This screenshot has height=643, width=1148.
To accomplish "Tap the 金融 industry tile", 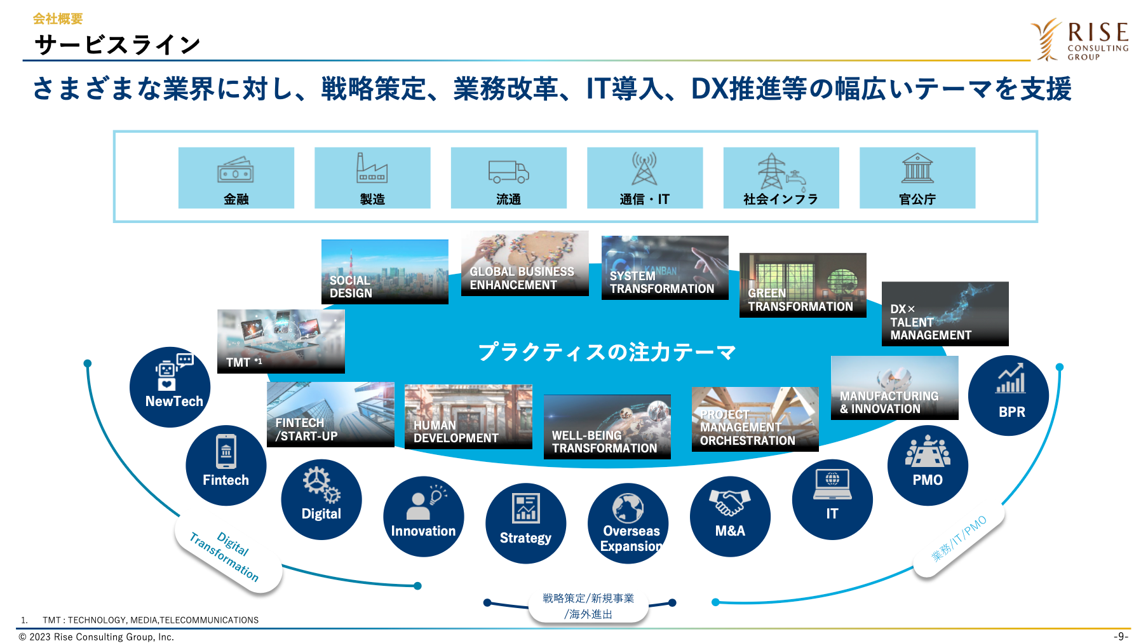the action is click(x=236, y=178).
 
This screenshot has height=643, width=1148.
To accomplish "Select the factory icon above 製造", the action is click(x=372, y=168).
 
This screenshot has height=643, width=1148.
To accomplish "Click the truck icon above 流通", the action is click(x=508, y=170).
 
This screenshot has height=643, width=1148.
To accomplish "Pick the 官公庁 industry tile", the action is click(x=917, y=178).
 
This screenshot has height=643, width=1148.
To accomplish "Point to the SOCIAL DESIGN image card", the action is click(x=385, y=272).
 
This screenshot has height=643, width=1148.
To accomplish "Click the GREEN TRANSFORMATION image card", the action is click(x=803, y=285).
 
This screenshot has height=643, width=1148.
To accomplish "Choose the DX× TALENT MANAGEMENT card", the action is click(x=945, y=314).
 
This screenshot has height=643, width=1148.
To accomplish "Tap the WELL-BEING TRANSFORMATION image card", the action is click(x=607, y=427).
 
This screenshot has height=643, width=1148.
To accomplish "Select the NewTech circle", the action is click(x=170, y=387).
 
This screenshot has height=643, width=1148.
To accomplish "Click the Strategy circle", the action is click(x=525, y=524).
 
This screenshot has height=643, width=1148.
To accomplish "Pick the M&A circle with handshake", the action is click(x=730, y=517).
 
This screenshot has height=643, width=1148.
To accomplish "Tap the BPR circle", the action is click(x=1008, y=395).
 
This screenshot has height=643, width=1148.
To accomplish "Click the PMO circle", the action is click(x=928, y=466).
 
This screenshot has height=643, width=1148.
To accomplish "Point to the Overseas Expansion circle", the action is click(x=628, y=524).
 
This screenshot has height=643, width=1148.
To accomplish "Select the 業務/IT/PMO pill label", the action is click(x=959, y=539).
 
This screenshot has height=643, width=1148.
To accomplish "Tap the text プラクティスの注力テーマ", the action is click(x=607, y=351).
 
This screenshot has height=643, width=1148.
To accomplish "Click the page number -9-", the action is click(x=1121, y=637).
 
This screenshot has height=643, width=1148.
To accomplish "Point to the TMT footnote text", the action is click(x=140, y=620).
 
